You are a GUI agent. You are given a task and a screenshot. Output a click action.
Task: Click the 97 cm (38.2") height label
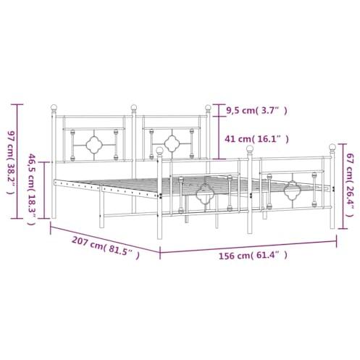pos(11,162)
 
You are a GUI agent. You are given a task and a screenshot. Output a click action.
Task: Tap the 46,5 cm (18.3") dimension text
pos(32,189)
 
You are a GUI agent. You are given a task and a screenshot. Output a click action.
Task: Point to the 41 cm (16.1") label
pos(256,139)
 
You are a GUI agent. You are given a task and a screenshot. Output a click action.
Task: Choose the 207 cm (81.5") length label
pos(106,248)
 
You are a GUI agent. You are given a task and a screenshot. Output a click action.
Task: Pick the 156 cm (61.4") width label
pos(253,255)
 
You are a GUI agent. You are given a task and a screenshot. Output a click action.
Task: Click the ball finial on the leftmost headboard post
pos(54,107)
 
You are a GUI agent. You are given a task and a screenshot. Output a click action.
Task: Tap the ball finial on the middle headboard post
pos(134,107)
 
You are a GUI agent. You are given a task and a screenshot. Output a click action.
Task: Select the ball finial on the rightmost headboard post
pos(208,107)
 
